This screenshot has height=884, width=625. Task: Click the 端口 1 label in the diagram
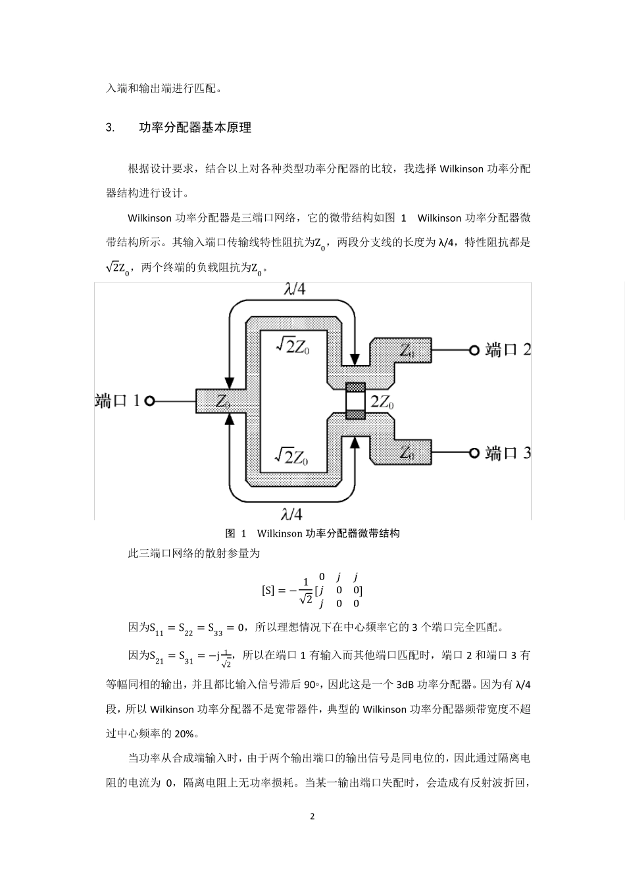pos(117,401)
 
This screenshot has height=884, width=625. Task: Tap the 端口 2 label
pos(508,350)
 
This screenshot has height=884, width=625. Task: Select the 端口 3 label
pos(508,453)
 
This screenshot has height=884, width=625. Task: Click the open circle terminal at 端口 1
pos(149,401)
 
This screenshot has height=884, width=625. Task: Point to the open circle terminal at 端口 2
pos(473,350)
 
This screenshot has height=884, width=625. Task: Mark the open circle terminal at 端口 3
pos(473,453)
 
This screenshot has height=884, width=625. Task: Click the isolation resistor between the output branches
pos(355,401)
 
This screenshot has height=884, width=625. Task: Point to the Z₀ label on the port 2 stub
pos(407,350)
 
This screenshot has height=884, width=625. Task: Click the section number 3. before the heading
pos(110,128)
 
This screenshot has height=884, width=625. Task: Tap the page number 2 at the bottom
pos(312,816)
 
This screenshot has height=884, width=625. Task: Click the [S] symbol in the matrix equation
pos(268,590)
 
